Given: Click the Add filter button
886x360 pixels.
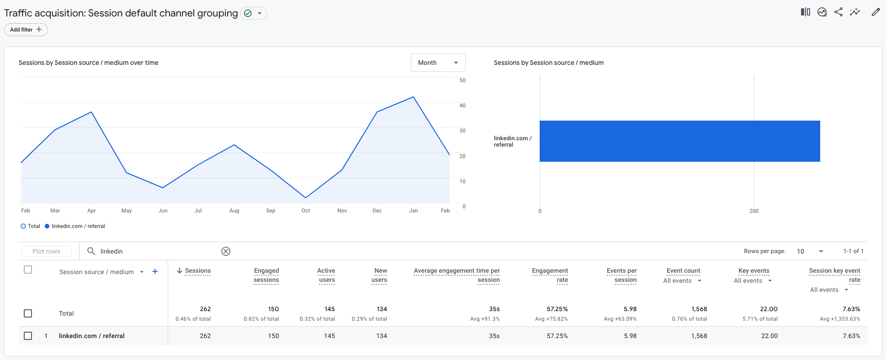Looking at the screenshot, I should pos(26,30).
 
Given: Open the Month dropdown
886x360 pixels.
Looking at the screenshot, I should pos(438,63).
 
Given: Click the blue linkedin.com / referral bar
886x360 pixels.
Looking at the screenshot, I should pos(679,141).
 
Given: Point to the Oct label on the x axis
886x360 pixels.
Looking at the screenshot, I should pos(306,211).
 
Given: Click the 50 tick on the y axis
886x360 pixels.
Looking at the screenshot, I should pos(462,80).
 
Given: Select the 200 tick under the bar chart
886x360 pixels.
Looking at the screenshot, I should pos(753,211).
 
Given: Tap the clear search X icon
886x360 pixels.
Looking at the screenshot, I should pos(226,251).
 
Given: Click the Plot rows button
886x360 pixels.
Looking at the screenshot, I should pos(47,251).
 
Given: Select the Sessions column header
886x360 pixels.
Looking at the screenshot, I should pos(197,271).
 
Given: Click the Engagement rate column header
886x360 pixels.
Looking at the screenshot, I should pos(550,275).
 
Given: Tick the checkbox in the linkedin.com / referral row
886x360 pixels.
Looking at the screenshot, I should pos(28,336).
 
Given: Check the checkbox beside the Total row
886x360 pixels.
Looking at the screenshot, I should pos(28,313).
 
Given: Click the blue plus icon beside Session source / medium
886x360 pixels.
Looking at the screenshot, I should pos(155,272).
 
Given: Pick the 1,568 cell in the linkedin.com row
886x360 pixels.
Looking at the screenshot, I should pos(699,336).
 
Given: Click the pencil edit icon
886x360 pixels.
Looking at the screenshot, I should pos(875,12).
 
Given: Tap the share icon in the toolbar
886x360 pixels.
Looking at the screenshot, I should pos(838,12).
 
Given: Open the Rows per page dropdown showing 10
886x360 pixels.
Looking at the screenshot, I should pos(810,251).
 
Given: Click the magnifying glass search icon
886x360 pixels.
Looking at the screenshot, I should pos(91,251).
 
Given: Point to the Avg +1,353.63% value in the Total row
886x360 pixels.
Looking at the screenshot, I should pos(839,319).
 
